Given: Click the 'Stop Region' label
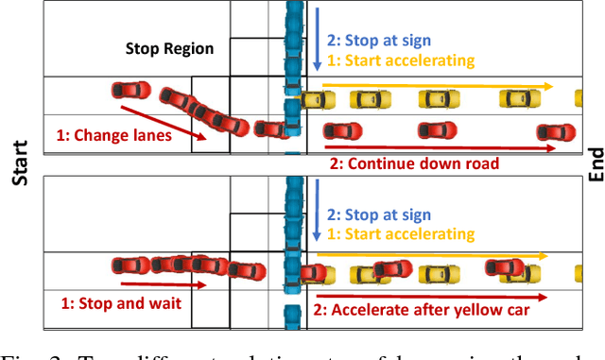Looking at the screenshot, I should pos(170,49).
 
